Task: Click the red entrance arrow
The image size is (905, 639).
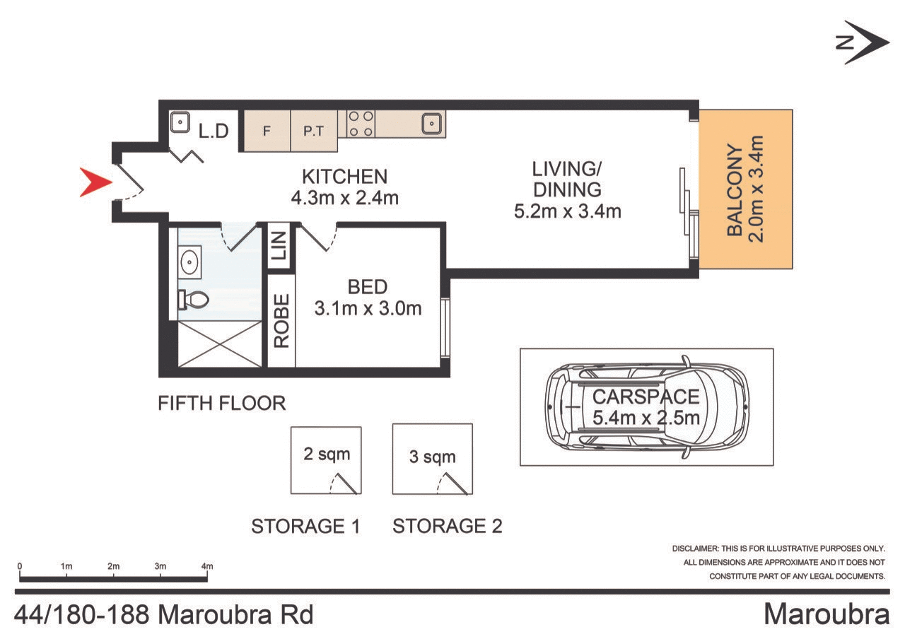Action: (x=95, y=183)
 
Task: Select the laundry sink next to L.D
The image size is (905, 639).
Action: (x=180, y=123)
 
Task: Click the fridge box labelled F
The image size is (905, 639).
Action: (x=267, y=131)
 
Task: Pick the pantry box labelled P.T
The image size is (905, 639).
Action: (x=313, y=131)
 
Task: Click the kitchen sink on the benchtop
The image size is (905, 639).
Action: (x=431, y=124)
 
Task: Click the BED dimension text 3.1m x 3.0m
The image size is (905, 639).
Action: (x=368, y=308)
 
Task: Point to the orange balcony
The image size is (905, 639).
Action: (x=746, y=189)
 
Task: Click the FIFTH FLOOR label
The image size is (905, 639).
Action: (x=221, y=404)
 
